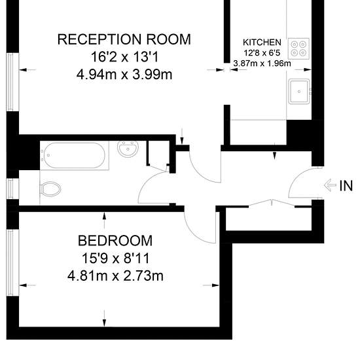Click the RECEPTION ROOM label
124,39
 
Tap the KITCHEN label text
262,43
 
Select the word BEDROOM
115,241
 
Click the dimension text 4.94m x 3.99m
124,75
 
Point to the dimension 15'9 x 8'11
115,258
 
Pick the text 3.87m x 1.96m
262,63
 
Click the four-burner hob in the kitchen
298,48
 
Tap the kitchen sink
299,92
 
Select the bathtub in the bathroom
75,155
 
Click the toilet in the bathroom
50,189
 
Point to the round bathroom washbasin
128,149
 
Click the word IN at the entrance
346,185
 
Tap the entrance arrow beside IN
330,185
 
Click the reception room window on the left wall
10,82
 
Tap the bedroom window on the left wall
10,262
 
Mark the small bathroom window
10,189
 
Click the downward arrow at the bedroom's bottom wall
105,318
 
